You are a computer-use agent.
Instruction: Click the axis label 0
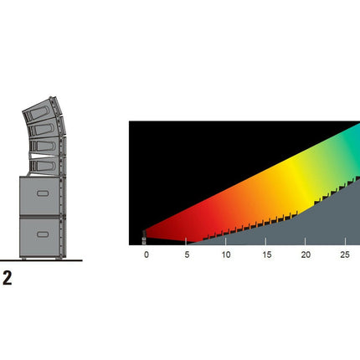147,255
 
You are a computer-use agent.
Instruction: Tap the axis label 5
187,255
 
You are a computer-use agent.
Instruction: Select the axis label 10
226,255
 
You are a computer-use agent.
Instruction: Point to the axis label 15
267,255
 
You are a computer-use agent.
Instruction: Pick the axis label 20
306,255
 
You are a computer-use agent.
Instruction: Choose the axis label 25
345,255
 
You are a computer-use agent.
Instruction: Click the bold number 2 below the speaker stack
8,278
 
